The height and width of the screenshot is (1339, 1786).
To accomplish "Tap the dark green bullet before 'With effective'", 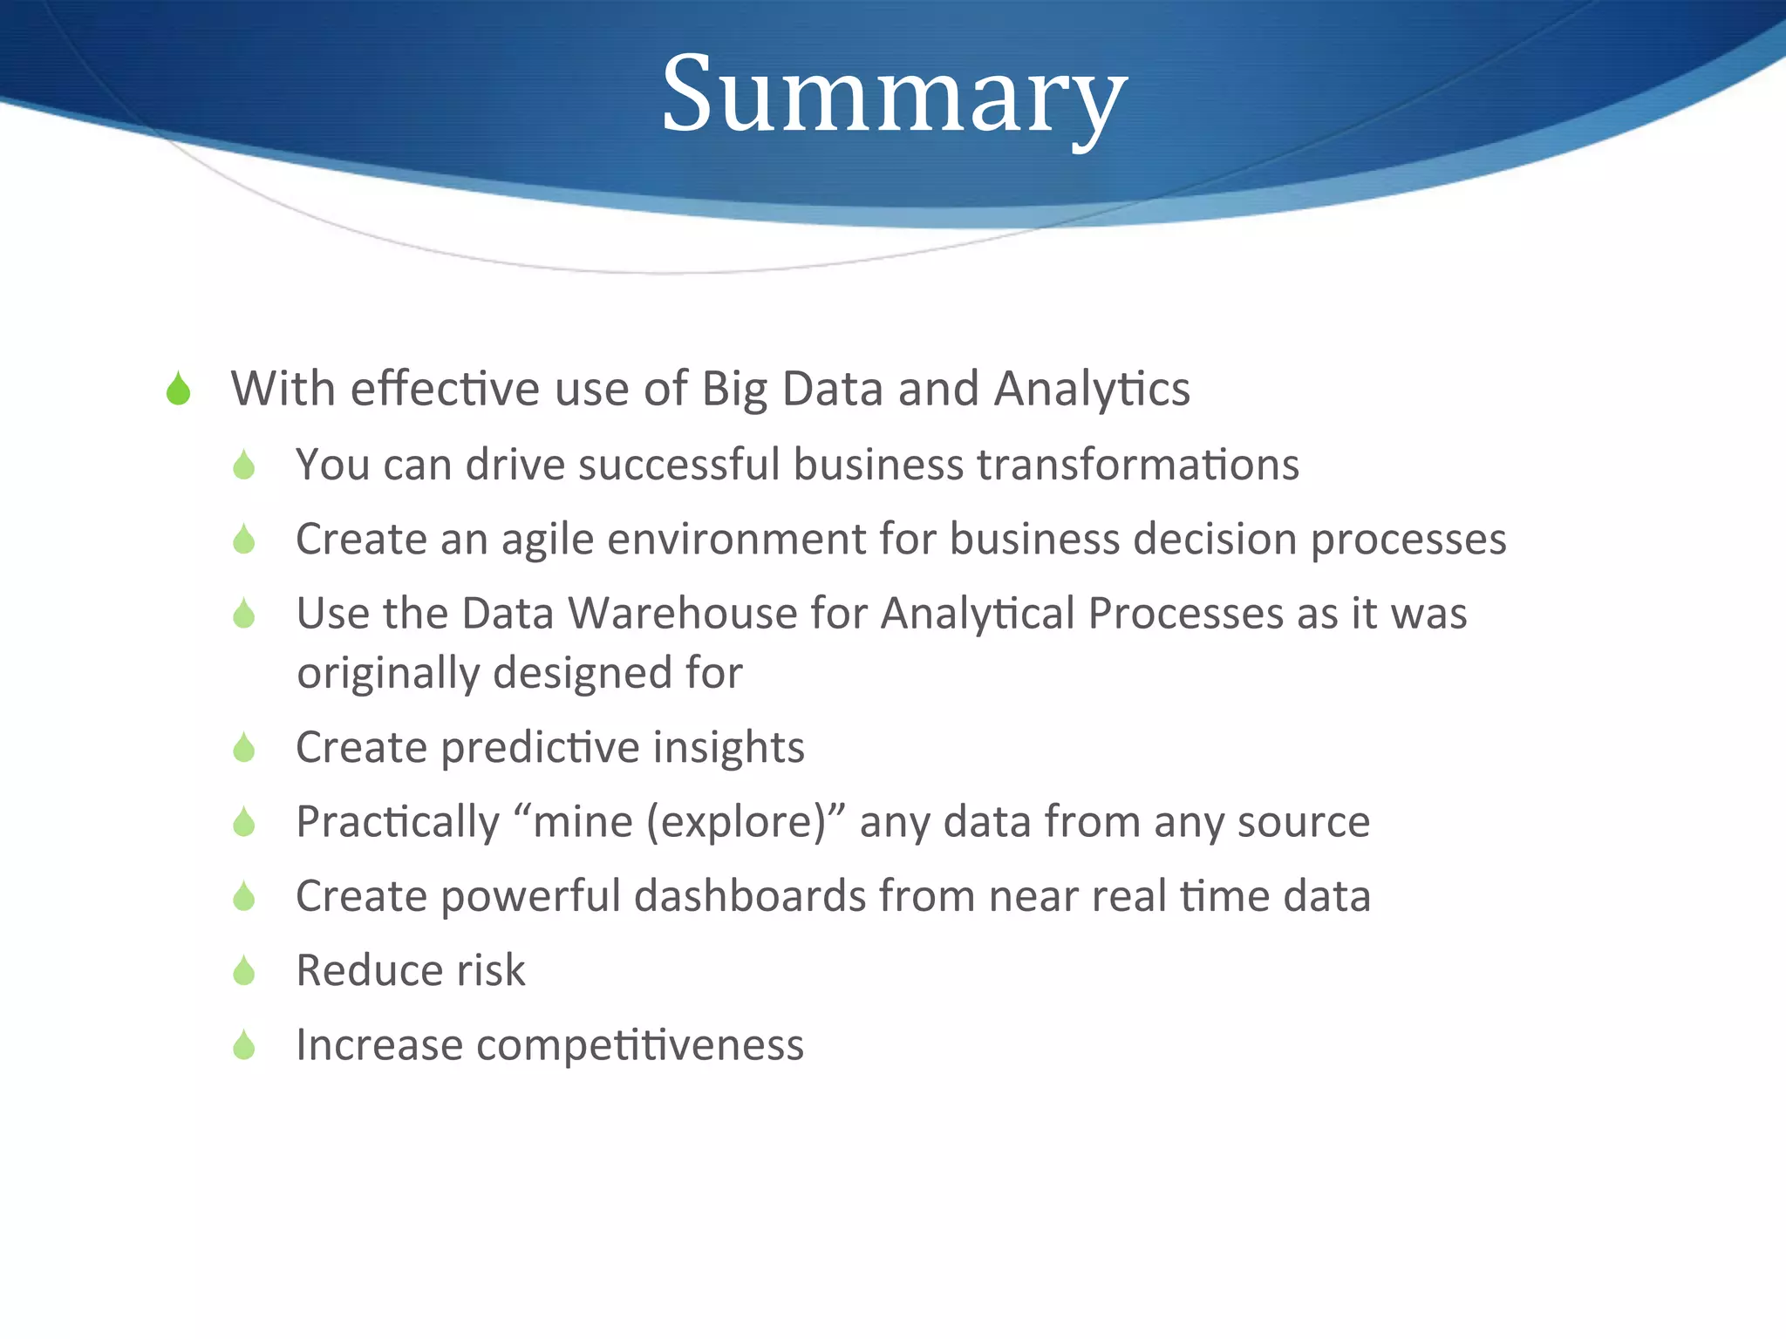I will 178,390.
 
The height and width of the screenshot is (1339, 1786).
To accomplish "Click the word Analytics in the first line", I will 1092,389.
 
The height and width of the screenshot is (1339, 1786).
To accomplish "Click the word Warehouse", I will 682,613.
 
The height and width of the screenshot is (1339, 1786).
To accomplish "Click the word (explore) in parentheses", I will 735,822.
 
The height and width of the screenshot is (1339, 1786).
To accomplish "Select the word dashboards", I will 749,896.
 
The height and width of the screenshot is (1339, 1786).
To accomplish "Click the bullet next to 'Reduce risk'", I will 244,971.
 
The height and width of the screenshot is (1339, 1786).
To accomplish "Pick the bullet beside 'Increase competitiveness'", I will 244,1045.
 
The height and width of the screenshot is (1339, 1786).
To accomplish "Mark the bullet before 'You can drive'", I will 244,466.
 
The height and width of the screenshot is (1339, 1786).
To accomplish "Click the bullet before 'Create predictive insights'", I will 244,748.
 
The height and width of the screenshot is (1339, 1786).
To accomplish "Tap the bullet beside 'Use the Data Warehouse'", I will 244,615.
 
